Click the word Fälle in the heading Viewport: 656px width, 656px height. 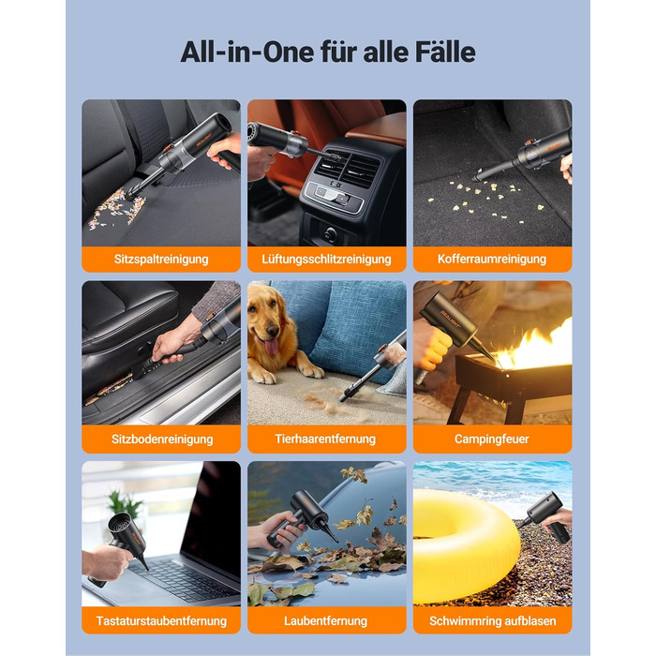(x=445, y=52)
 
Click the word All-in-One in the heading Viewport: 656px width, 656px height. (x=247, y=52)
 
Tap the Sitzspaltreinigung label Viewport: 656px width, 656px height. (x=161, y=259)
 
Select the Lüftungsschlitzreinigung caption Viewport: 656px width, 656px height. (x=326, y=259)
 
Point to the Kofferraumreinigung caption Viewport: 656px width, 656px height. (x=492, y=259)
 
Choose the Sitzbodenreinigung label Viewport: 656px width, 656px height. (x=162, y=439)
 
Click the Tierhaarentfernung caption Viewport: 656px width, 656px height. (x=325, y=439)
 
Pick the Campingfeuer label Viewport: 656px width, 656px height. (x=492, y=439)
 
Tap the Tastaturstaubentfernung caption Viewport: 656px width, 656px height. (x=161, y=620)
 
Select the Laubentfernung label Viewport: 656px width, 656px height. (x=325, y=620)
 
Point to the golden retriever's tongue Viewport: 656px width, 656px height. (x=271, y=347)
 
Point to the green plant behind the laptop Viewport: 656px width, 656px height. (x=125, y=504)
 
